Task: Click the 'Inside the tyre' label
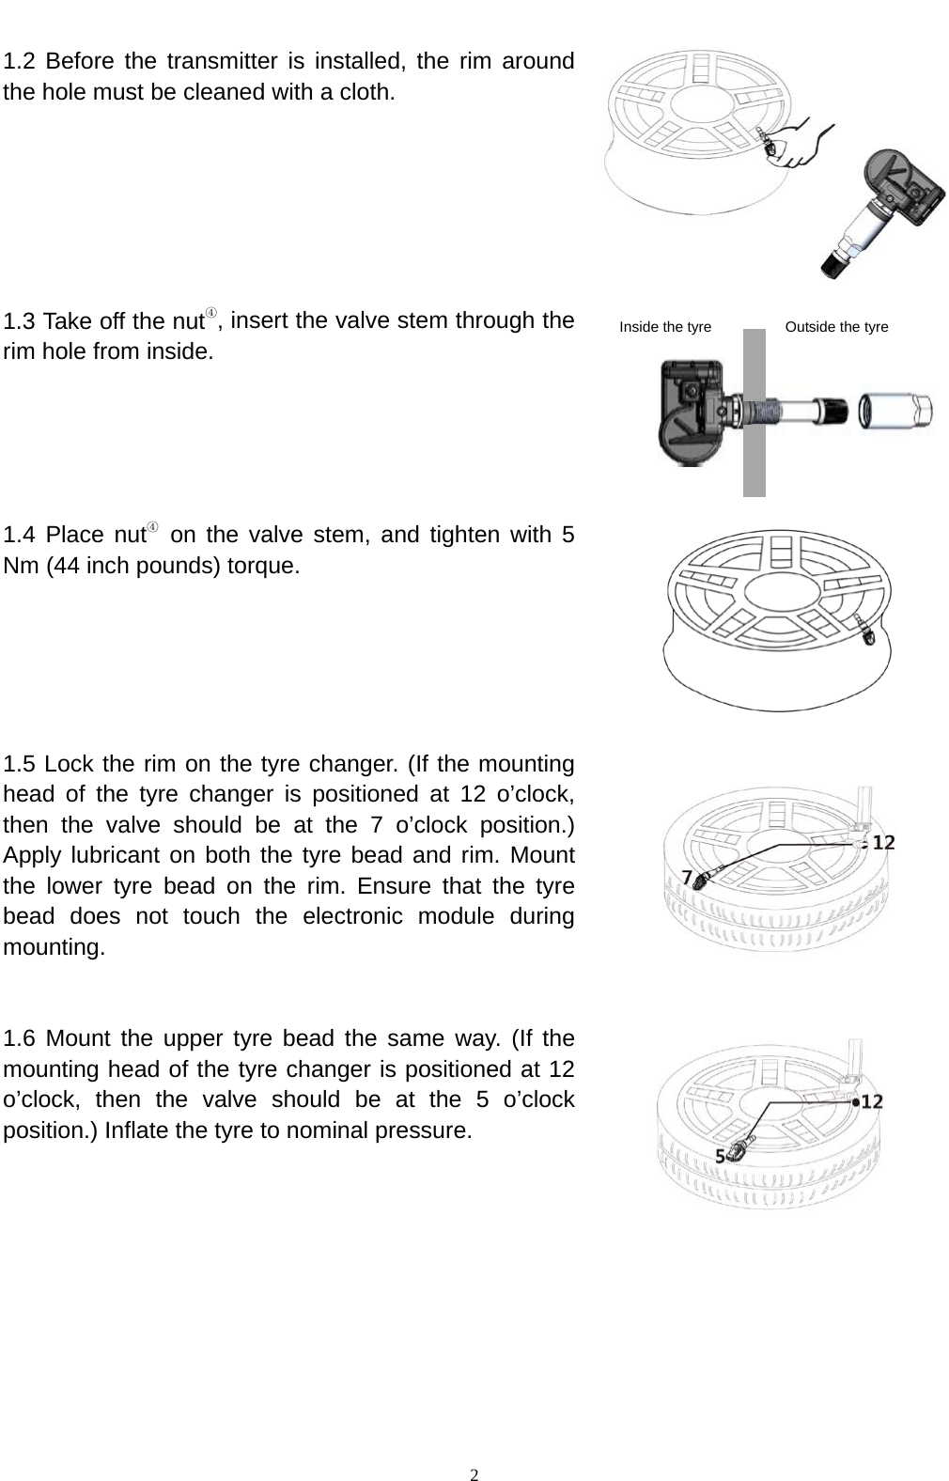click(665, 327)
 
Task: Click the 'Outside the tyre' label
click(836, 327)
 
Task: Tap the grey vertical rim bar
click(754, 413)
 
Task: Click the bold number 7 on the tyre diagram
click(687, 878)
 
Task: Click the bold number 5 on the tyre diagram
click(721, 1157)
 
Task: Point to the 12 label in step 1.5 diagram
click(882, 843)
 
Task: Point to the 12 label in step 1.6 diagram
click(872, 1100)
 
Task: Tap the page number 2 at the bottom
click(474, 1473)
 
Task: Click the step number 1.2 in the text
click(20, 63)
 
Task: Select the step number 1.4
click(20, 536)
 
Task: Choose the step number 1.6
click(20, 1039)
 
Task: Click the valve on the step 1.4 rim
click(866, 631)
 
